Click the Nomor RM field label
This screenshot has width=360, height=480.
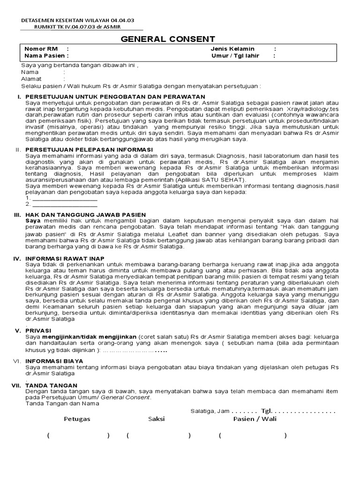click(42, 49)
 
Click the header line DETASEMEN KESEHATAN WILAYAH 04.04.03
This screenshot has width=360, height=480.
click(78, 21)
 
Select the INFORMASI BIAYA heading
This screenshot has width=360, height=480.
click(54, 361)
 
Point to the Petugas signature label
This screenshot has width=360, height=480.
click(77, 419)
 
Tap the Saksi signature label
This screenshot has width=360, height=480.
click(157, 419)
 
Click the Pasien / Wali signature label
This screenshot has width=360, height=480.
click(255, 419)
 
